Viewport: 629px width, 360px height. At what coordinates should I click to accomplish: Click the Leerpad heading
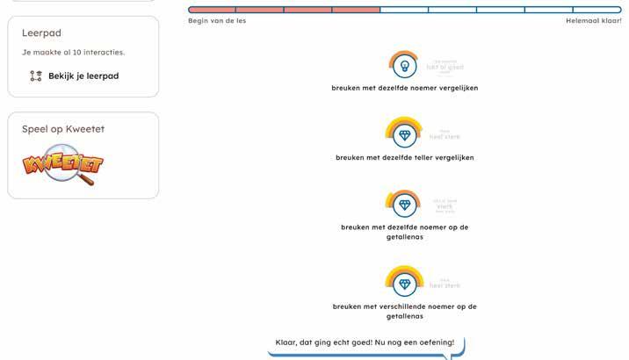(40, 32)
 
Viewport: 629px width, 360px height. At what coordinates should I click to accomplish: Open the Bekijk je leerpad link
(83, 76)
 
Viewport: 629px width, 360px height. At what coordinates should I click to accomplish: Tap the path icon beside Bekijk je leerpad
(36, 76)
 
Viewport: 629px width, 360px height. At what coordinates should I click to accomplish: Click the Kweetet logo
(62, 166)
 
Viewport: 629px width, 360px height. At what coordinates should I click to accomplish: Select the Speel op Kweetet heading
(62, 129)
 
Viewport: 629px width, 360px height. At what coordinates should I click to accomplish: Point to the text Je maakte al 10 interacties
(73, 53)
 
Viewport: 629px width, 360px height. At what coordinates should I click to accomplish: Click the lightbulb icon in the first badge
(404, 65)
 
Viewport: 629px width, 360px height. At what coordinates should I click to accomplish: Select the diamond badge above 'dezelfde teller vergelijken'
(404, 135)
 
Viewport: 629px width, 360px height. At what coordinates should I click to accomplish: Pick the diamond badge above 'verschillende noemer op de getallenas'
(404, 283)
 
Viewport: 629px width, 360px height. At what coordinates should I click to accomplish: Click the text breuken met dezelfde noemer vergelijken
(405, 88)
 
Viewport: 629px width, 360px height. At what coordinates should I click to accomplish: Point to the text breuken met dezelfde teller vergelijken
(405, 158)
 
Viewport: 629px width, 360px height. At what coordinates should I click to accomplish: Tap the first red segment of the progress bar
(212, 10)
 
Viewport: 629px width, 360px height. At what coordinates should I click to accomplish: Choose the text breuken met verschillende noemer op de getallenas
(405, 311)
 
